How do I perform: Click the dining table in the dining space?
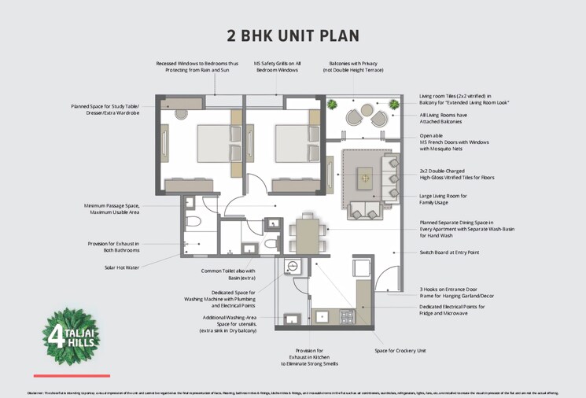point(308,234)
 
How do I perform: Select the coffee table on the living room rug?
point(364,179)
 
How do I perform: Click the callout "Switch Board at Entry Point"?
point(449,252)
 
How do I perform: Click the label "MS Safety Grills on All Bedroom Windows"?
point(278,66)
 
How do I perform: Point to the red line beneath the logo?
point(72,375)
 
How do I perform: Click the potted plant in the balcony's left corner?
point(333,104)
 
